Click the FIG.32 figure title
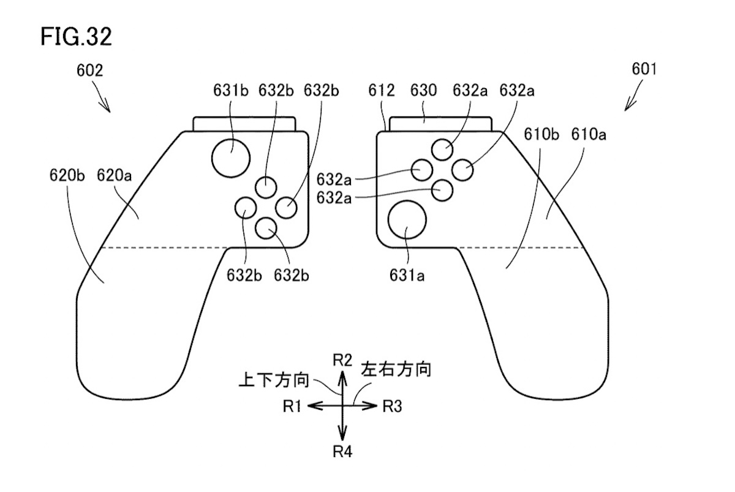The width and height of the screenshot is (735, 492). (76, 37)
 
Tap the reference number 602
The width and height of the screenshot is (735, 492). (89, 70)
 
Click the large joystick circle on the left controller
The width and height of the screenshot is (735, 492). (231, 157)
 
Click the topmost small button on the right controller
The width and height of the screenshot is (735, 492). (442, 149)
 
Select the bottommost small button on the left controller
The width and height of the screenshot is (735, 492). (266, 229)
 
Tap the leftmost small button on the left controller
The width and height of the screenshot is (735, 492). (245, 208)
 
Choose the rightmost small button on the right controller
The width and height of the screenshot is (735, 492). (463, 170)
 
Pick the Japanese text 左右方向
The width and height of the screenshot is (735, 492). (396, 370)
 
